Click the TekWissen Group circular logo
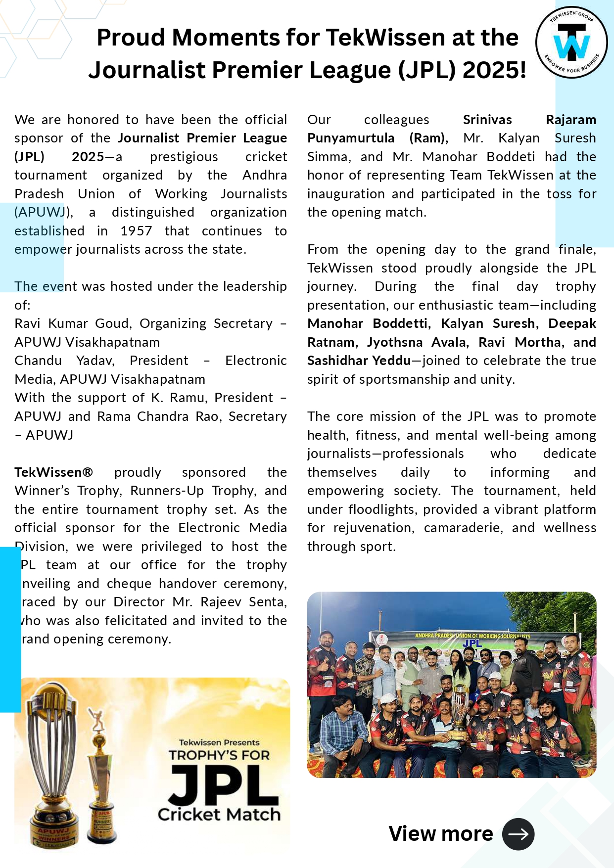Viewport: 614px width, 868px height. click(571, 43)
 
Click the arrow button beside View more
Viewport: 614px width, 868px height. click(518, 834)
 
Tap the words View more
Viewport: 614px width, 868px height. click(440, 834)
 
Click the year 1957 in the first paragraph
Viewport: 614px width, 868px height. click(136, 231)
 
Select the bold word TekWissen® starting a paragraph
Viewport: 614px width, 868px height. click(53, 472)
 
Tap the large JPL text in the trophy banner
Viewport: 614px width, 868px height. click(223, 786)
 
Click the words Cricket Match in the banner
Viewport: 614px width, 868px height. click(219, 815)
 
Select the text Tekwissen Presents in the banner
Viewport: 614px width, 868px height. click(219, 742)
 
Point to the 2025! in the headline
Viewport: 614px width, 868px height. click(494, 70)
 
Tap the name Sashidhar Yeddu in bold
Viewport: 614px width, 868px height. click(359, 361)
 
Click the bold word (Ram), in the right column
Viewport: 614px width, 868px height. click(428, 138)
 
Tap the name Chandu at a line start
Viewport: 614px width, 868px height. click(38, 361)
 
